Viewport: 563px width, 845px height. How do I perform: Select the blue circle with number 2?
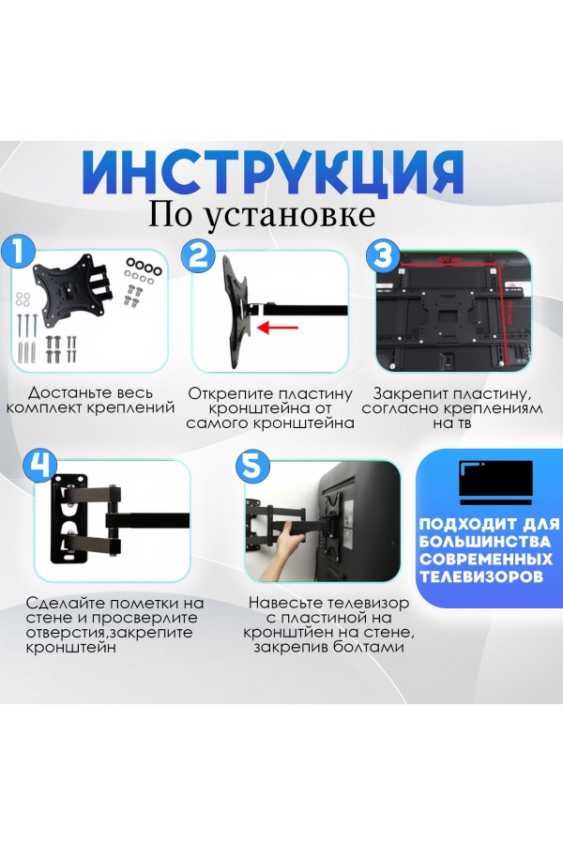198,254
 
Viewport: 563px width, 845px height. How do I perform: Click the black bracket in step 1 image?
70,282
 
